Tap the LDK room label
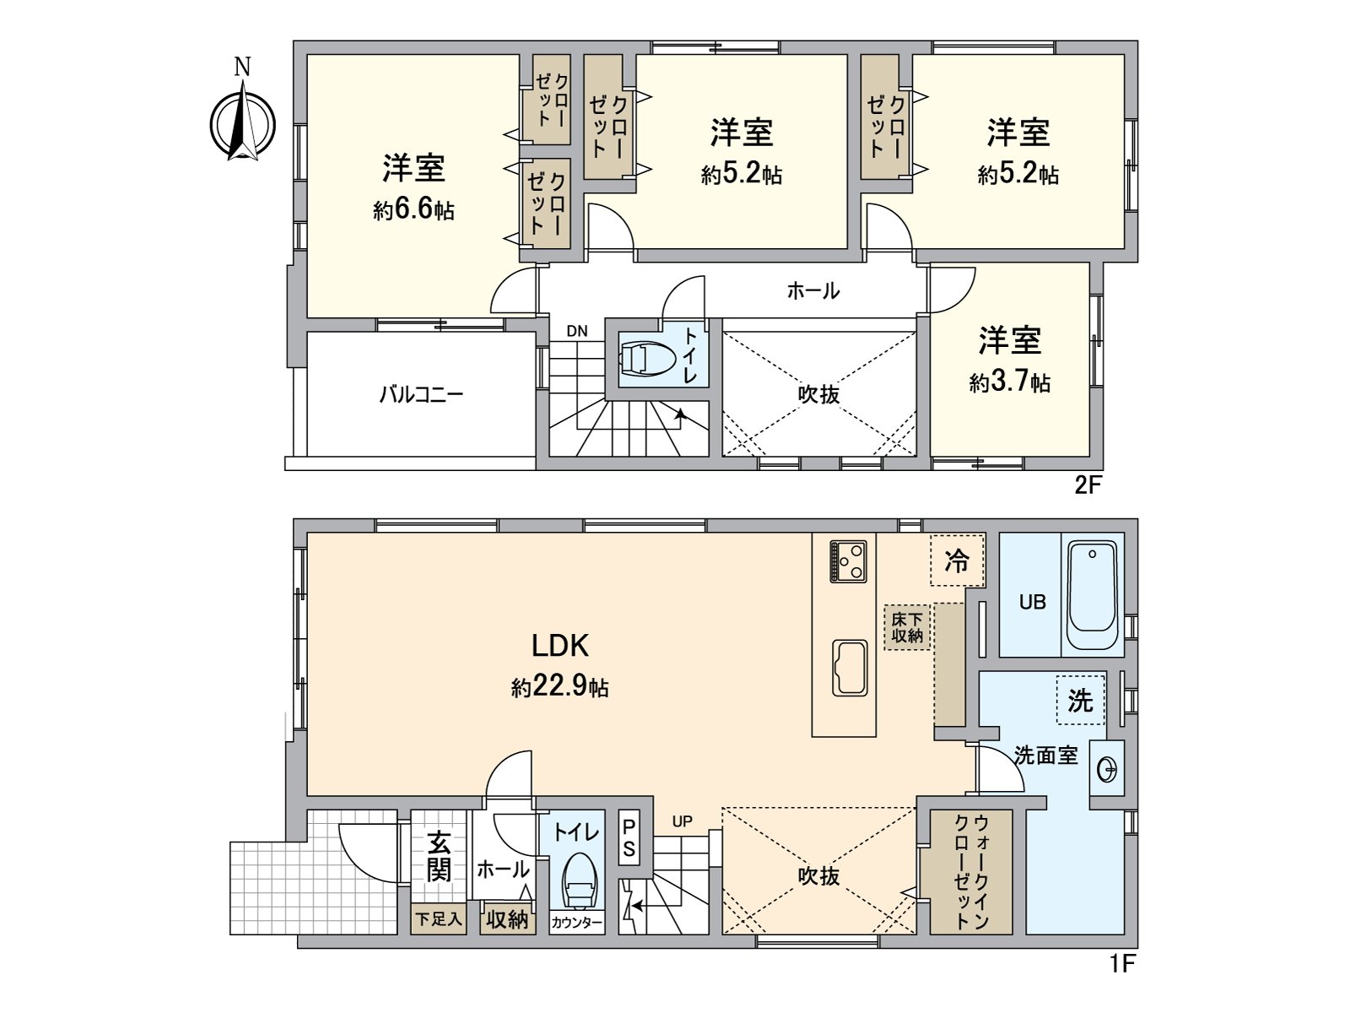559,647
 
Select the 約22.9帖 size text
559,687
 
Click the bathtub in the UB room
1092,594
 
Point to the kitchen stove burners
848,561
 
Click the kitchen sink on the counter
850,668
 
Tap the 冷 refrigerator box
957,561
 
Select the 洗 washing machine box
1080,699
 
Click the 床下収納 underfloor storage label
907,627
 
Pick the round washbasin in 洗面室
1107,769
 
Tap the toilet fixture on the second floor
648,358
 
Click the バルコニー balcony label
421,394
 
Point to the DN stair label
577,331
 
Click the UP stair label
682,821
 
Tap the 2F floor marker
1088,485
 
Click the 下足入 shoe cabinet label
439,918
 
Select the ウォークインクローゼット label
970,872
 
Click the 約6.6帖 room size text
413,209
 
